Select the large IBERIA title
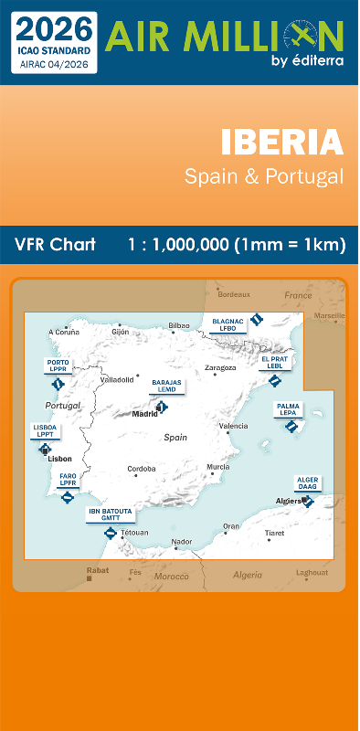click(x=281, y=143)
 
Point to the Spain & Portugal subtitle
click(x=264, y=176)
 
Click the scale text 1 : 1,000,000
click(x=179, y=245)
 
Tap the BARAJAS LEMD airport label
click(x=166, y=386)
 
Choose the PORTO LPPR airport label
click(x=58, y=365)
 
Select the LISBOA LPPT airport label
click(x=45, y=429)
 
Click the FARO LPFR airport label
click(x=68, y=479)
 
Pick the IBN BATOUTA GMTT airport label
click(x=110, y=514)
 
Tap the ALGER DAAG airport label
click(x=307, y=482)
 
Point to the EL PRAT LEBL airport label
click(x=274, y=362)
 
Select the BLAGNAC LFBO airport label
click(x=228, y=324)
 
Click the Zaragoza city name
click(x=220, y=368)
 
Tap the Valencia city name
click(x=233, y=427)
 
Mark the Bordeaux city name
click(x=234, y=294)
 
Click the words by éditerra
click(x=307, y=61)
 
